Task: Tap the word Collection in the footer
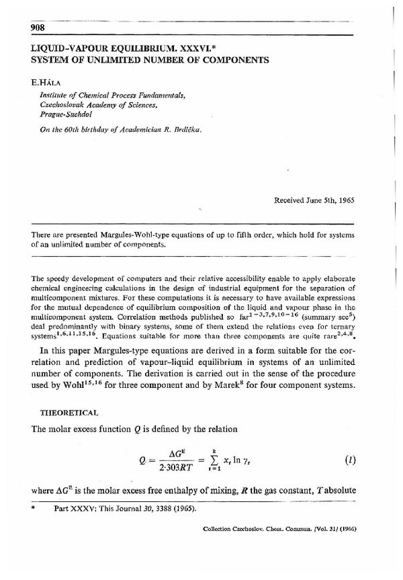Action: pos(219,528)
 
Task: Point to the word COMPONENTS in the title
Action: pos(234,59)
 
